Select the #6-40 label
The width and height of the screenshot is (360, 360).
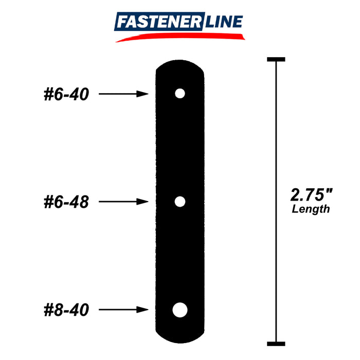pos(66,94)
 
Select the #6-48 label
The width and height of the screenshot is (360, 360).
pos(66,202)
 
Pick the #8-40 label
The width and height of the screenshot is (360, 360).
pos(66,310)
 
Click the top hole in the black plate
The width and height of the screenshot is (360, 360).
pos(179,94)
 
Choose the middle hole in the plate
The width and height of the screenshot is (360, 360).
pos(179,202)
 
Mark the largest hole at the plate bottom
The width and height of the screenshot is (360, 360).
pos(179,310)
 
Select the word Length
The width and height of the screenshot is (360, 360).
pos(311,209)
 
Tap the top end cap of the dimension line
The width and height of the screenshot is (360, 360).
pos(276,60)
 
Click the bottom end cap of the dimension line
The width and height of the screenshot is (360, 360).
pos(276,343)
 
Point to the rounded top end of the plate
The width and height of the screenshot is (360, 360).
pos(180,66)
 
